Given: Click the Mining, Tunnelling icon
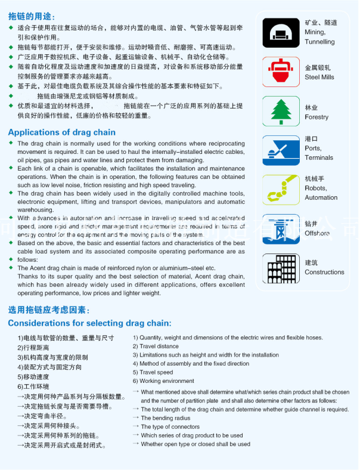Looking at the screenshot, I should [x=281, y=32].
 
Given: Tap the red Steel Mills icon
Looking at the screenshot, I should [x=281, y=72].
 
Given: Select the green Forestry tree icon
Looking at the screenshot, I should [x=281, y=111].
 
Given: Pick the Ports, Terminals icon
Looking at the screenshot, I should [x=281, y=150].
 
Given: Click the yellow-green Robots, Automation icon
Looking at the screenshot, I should [x=281, y=190].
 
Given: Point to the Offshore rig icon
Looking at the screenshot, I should [x=281, y=229].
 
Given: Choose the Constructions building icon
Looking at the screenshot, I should [x=281, y=268].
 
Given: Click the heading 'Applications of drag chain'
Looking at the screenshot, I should [x=62, y=132].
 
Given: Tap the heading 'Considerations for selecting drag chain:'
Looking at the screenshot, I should [x=89, y=323].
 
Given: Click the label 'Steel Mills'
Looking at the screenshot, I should [x=319, y=77].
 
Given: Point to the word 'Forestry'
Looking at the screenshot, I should [x=316, y=117].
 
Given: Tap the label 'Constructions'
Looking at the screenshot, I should [x=324, y=272].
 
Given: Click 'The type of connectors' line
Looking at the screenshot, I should [x=170, y=427].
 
